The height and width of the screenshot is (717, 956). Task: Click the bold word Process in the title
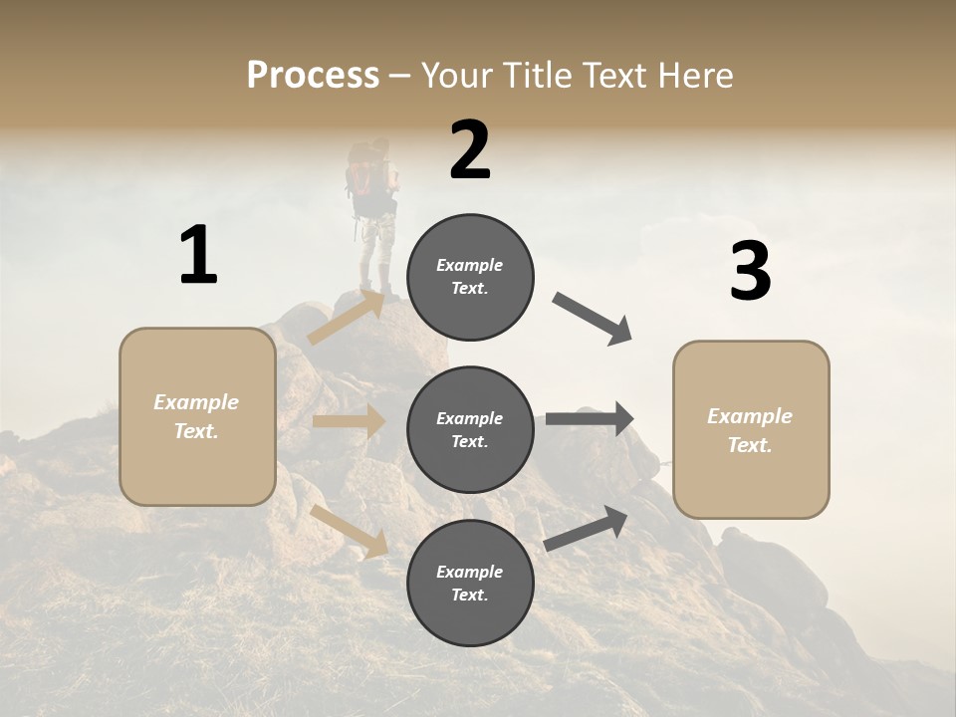click(313, 76)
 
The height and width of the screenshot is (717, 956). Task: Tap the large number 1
click(198, 255)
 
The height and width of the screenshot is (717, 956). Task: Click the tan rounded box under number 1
click(197, 416)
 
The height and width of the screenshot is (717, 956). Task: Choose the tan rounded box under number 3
click(751, 430)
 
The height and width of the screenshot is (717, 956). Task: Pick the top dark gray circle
click(470, 277)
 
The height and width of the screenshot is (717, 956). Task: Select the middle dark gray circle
click(470, 430)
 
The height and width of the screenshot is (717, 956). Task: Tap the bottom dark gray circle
click(470, 583)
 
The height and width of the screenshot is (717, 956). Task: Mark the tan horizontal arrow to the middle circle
click(349, 421)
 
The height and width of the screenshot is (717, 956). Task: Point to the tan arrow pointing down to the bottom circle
click(350, 531)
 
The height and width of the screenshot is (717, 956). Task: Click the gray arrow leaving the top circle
click(593, 319)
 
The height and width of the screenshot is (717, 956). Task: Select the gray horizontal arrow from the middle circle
click(590, 418)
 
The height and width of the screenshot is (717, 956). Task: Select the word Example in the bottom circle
click(470, 572)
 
